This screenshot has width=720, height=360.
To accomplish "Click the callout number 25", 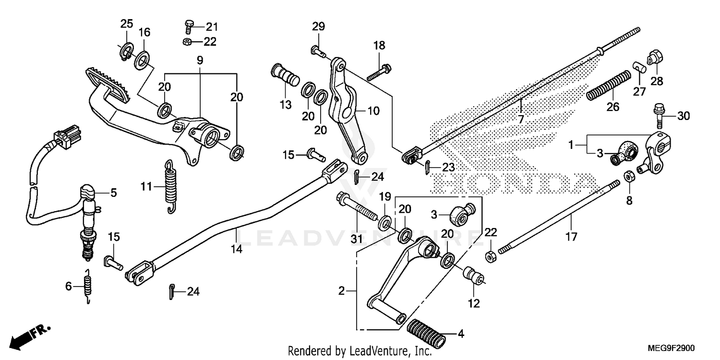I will click(126, 24).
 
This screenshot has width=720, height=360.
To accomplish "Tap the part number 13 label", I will click(286, 105).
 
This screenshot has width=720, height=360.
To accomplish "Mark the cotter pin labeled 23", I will click(427, 168).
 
